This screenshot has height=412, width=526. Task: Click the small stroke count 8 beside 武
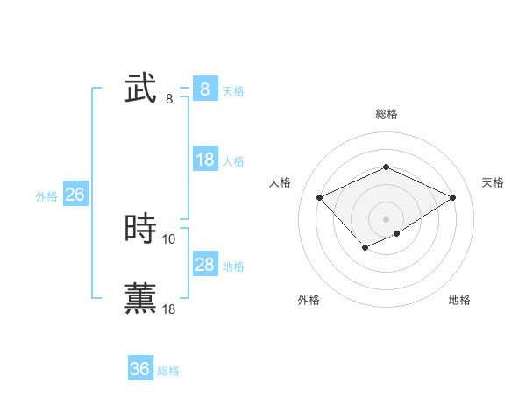[169, 98]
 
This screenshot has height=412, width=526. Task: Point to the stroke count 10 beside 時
[169, 238]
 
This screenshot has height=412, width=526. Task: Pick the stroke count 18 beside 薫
[169, 309]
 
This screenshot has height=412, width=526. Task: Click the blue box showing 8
[204, 89]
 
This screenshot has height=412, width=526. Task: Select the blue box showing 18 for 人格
[204, 160]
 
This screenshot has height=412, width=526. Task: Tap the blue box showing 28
[204, 265]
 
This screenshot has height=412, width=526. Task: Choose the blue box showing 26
[75, 195]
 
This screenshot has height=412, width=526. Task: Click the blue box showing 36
[139, 369]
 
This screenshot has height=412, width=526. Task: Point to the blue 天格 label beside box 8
[233, 91]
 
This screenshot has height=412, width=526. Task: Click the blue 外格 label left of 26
[46, 196]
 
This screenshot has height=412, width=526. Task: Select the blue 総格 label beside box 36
[168, 372]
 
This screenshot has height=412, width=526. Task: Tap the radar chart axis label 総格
[386, 114]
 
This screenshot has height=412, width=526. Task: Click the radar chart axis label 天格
[493, 182]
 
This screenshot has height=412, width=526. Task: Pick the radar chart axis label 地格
[459, 300]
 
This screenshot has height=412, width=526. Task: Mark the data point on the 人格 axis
[320, 197]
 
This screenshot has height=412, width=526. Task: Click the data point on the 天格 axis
[452, 197]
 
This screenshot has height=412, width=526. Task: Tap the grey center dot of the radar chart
[386, 218]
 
